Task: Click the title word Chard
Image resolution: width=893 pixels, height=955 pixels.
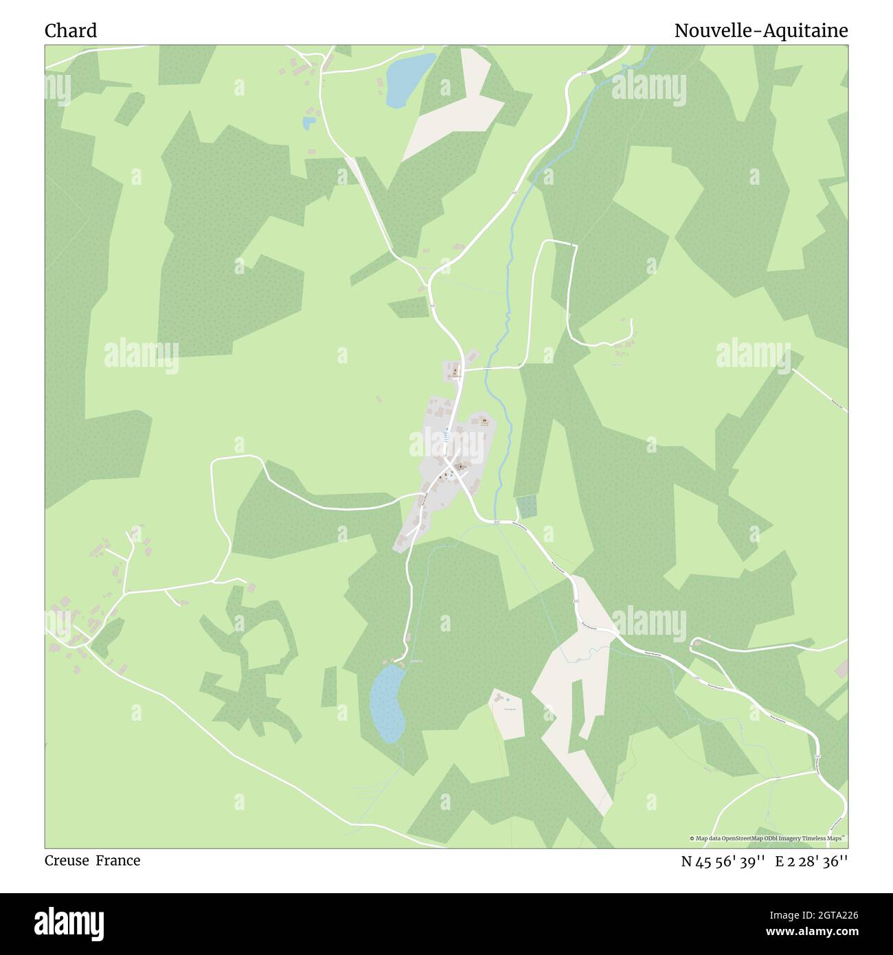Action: coord(71,31)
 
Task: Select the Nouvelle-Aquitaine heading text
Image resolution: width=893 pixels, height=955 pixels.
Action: coord(760,31)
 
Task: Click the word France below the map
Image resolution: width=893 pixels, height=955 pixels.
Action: coord(118,861)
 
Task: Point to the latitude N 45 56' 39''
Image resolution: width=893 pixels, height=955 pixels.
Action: coord(723,862)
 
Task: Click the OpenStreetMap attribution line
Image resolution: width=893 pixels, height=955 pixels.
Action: coord(767,838)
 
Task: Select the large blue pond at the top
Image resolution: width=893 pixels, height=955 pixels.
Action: coord(408,78)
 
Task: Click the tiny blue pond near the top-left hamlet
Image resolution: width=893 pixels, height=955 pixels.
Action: coord(309,123)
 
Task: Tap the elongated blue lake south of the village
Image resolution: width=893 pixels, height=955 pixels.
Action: coord(387,702)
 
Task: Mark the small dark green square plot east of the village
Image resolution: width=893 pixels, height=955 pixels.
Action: coord(526,507)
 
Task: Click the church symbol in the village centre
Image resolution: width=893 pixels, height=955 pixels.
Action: coord(459,467)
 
